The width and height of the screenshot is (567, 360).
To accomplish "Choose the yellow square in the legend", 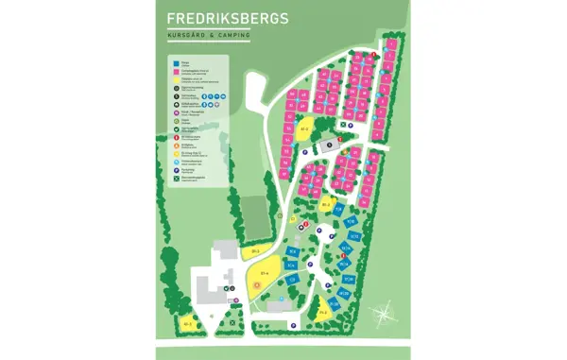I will pos(175,79).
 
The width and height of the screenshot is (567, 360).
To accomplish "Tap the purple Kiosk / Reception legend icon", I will pos(175,111).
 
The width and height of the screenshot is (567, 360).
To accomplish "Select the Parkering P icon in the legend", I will pos(175,171).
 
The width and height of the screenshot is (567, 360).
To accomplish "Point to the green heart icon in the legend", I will pos(175,129).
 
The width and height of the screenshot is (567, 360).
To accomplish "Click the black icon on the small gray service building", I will pos(328,144).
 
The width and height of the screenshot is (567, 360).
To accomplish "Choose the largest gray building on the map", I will pos(212,286).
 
